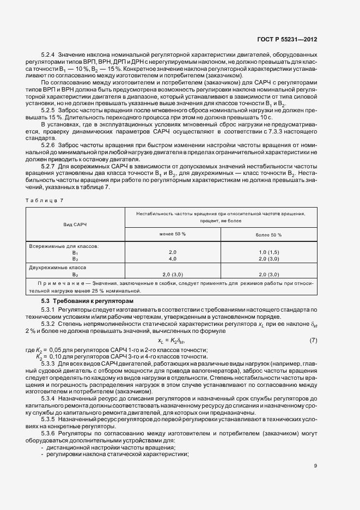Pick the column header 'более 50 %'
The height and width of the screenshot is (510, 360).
click(x=269, y=234)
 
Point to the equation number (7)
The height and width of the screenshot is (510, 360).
click(x=313, y=341)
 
